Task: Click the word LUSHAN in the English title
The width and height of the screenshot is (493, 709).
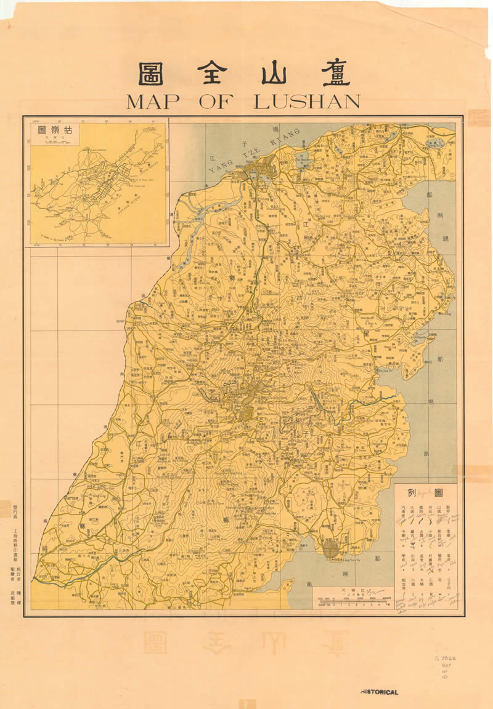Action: pyautogui.click(x=307, y=102)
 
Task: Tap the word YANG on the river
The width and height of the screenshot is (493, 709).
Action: pyautogui.click(x=218, y=165)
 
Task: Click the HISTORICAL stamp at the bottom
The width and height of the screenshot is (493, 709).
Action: pyautogui.click(x=379, y=692)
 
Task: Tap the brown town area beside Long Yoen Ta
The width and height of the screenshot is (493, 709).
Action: pyautogui.click(x=332, y=548)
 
